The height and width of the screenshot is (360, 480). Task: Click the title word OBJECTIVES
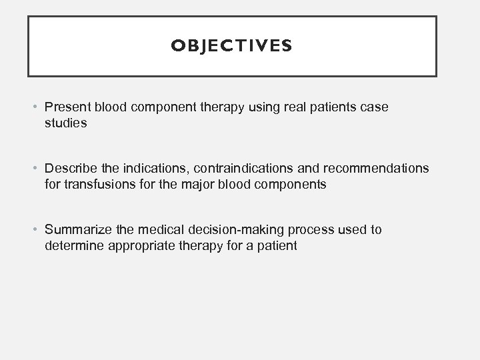point(231,45)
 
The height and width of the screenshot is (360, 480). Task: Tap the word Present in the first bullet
point(67,107)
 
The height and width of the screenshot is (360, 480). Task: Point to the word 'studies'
point(65,123)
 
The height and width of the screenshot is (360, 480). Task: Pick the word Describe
point(70,168)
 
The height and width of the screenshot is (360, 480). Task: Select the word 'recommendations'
point(376,168)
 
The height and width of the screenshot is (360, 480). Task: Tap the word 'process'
point(300,229)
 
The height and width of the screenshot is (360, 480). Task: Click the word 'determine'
point(71,246)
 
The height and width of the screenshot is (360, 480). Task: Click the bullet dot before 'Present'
point(37,107)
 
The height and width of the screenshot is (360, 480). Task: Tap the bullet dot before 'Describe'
point(37,168)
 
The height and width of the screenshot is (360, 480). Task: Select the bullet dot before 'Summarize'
point(37,229)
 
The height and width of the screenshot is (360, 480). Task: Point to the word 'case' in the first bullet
point(375,107)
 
